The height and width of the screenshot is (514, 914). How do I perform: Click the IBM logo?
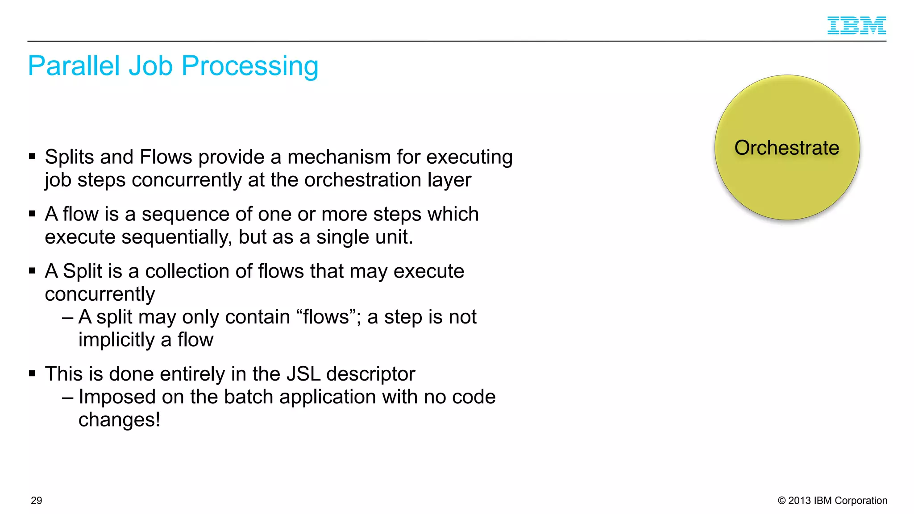856,25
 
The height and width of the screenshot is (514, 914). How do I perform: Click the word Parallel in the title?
74,66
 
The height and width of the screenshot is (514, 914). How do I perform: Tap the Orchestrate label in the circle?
787,148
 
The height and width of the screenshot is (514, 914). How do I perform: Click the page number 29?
37,501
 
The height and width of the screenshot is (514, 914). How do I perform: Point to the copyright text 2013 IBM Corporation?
833,501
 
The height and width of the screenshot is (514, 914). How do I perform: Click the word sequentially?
176,237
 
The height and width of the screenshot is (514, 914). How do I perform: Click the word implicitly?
116,340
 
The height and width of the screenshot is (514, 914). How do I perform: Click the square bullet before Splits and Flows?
32,157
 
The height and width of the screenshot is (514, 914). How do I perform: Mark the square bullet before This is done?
32,373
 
